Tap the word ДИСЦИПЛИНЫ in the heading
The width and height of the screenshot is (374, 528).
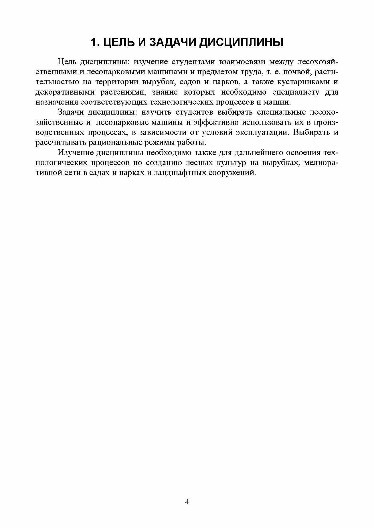[241, 42]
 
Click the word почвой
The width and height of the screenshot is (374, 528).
[294, 72]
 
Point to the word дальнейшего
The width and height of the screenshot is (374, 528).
[256, 153]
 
